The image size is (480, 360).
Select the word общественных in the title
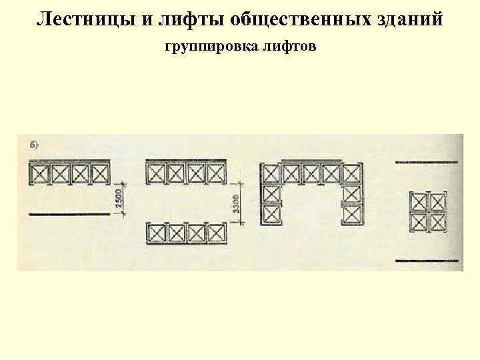click(x=295, y=18)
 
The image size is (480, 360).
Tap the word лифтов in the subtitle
click(x=292, y=49)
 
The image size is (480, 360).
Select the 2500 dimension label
click(x=119, y=197)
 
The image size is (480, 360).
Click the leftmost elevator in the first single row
click(x=40, y=174)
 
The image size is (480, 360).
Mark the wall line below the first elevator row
click(x=69, y=214)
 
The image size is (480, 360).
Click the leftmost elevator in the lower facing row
click(x=157, y=234)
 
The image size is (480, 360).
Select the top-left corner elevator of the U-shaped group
click(x=271, y=174)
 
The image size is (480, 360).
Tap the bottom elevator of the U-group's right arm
click(x=351, y=215)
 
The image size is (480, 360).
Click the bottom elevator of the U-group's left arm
click(x=271, y=214)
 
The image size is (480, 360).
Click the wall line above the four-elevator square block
click(x=427, y=162)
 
